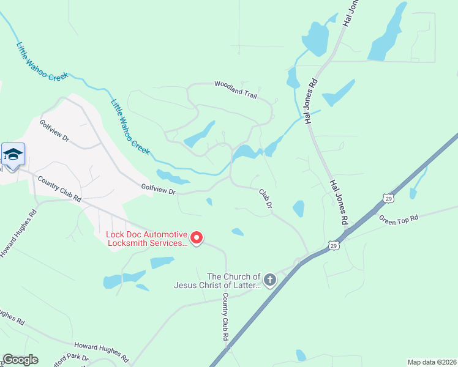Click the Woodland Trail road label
coord(235,89)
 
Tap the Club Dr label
coord(265,199)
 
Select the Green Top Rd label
coord(398,218)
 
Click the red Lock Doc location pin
coord(196,237)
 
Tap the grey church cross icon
coord(270,280)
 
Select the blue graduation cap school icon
coord(13,154)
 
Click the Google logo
coord(21,360)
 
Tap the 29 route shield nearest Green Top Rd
coord(387,198)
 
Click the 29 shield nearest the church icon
coord(332,245)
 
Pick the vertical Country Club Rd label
coord(225,317)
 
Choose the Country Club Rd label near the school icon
coord(59,189)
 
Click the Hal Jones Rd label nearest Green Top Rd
coord(339,202)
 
